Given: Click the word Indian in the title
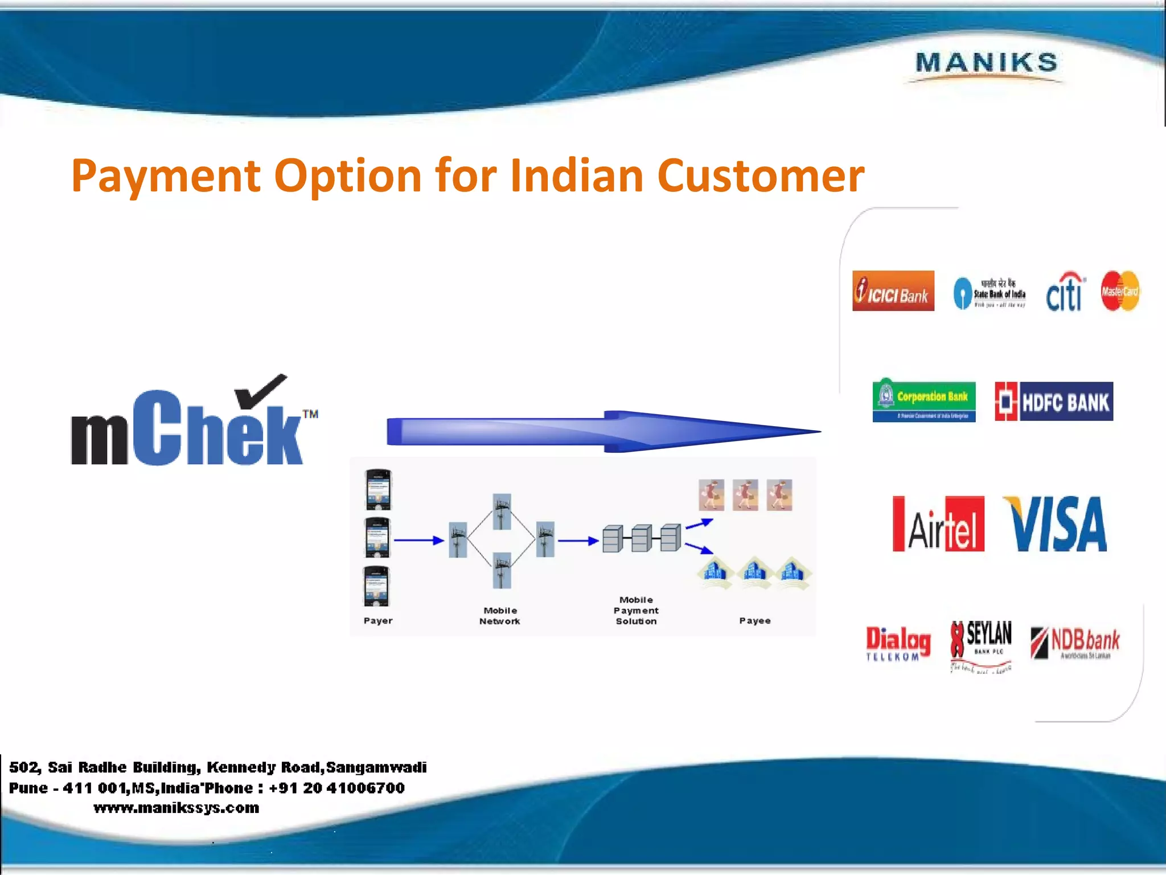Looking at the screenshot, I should coord(577,175).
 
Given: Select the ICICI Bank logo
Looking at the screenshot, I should coord(893,291).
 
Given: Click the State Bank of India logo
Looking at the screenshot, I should coord(990,293).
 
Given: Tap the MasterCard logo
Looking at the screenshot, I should coord(1119,291).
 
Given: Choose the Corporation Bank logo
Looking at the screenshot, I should coord(923,400).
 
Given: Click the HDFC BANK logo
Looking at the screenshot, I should coord(1053,402).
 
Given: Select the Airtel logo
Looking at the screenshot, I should coord(938,524).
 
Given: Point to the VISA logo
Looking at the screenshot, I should coord(1055,524).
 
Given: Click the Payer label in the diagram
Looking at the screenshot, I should coord(378,621).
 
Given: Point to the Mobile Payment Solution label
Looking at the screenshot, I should coord(636,611).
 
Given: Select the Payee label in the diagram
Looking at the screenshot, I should coord(755,621).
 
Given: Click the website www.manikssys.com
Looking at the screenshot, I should coord(176,808).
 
